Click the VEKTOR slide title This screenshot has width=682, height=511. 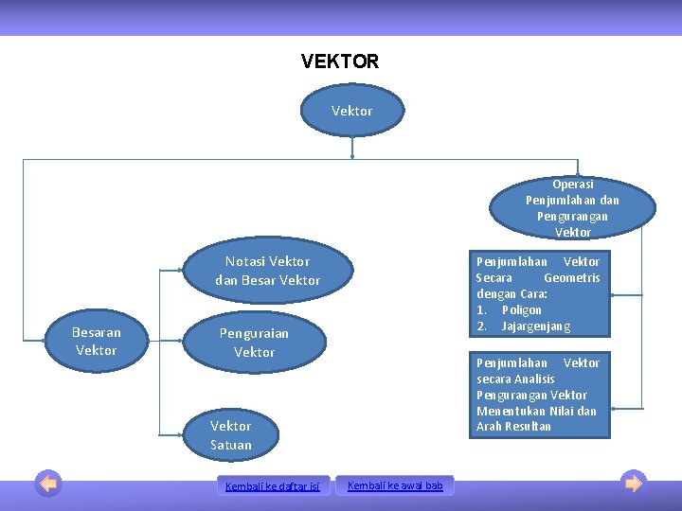coord(340,62)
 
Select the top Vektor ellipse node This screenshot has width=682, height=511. coord(352,112)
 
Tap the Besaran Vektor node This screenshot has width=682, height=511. coord(97,342)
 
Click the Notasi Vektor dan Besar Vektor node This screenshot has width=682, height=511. coord(267,271)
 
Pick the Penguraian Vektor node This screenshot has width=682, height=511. coord(254,343)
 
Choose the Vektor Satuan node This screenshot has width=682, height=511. coord(231,435)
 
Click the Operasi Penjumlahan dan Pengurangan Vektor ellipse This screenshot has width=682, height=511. coord(572,208)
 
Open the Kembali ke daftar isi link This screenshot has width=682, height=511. coord(273,486)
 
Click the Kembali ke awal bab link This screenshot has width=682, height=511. coord(395,485)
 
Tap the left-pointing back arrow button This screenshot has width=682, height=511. coord(48,484)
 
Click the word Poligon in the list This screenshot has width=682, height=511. coord(522,310)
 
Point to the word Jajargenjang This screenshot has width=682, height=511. coord(536,326)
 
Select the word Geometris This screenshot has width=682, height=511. coord(572,278)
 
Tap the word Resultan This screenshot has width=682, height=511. coord(528,427)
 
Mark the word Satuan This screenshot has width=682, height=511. coord(231,445)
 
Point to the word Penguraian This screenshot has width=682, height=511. coord(254,334)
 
